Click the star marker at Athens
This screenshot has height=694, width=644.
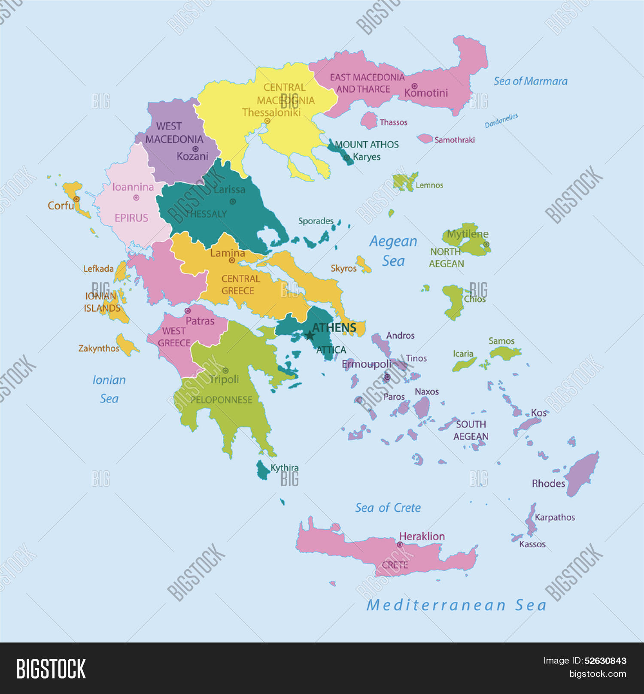point(310,335)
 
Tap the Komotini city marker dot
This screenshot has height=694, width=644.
point(414,86)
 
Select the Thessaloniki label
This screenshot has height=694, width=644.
point(271,112)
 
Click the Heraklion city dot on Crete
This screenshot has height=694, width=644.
point(400,544)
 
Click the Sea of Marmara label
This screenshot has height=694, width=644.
point(530,81)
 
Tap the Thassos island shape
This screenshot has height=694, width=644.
point(368,121)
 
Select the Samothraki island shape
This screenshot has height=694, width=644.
point(425,138)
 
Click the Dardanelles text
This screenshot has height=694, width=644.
point(501,121)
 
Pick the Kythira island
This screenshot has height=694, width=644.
point(262,471)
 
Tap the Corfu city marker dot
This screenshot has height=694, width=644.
point(76,199)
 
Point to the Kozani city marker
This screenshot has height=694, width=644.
point(195,149)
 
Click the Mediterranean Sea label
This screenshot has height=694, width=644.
point(456,605)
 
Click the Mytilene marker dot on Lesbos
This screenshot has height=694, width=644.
point(486,244)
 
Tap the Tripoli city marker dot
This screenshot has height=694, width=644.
point(225,370)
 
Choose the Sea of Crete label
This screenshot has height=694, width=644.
point(388,508)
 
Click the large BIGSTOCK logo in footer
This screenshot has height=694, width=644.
point(51,669)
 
